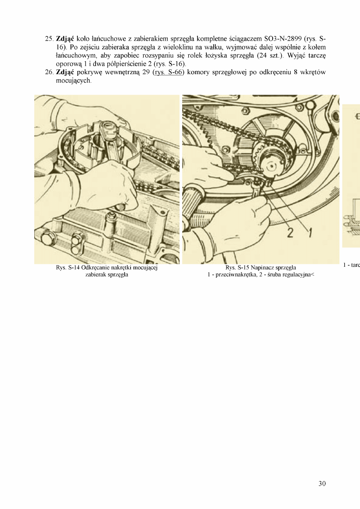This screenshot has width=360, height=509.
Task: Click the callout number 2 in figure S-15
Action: point(290,233)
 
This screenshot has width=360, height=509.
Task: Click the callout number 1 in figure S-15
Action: point(310,233)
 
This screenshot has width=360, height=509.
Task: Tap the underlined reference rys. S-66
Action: point(168,72)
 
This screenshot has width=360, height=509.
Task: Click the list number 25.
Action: point(49,39)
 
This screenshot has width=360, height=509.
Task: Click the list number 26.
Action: point(49,72)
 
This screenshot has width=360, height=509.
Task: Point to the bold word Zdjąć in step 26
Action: point(65,73)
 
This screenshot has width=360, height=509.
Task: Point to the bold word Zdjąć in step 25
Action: point(65,39)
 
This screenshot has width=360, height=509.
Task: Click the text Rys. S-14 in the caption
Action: point(67,268)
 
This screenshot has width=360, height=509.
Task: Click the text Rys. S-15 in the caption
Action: point(237,268)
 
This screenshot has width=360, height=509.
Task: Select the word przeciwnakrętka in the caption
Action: point(236,275)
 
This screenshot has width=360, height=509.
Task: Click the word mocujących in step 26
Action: point(73,81)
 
